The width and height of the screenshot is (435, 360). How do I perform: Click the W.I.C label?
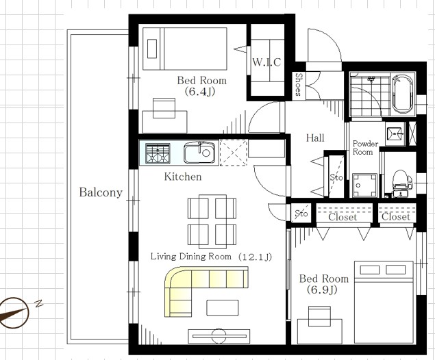[x=266, y=62]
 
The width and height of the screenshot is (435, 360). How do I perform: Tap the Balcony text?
[x=101, y=192]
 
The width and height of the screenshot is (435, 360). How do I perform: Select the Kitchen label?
[x=183, y=177]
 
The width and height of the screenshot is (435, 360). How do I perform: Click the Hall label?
[x=315, y=138]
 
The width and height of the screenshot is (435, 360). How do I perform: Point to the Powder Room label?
[x=365, y=148]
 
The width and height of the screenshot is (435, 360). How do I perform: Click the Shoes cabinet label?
[x=299, y=84]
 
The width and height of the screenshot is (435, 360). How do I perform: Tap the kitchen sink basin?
[x=199, y=153]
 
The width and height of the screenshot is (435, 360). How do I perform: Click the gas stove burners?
[x=158, y=153]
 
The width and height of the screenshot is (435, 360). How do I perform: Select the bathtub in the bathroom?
[x=403, y=94]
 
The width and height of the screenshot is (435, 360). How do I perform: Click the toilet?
[x=401, y=183]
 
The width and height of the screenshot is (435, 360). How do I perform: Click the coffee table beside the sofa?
[x=223, y=307]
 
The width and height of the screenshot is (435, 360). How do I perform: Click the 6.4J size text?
[x=200, y=92]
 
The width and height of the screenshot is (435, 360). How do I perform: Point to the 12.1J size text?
[x=255, y=257]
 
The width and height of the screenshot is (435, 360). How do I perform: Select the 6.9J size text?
[x=322, y=290]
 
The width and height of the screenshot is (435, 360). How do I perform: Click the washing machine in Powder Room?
[x=364, y=185]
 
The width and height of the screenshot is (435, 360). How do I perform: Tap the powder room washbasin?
[x=394, y=134]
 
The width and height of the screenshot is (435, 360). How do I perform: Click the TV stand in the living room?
[x=219, y=336]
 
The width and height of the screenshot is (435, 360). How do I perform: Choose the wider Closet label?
[x=343, y=217]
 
